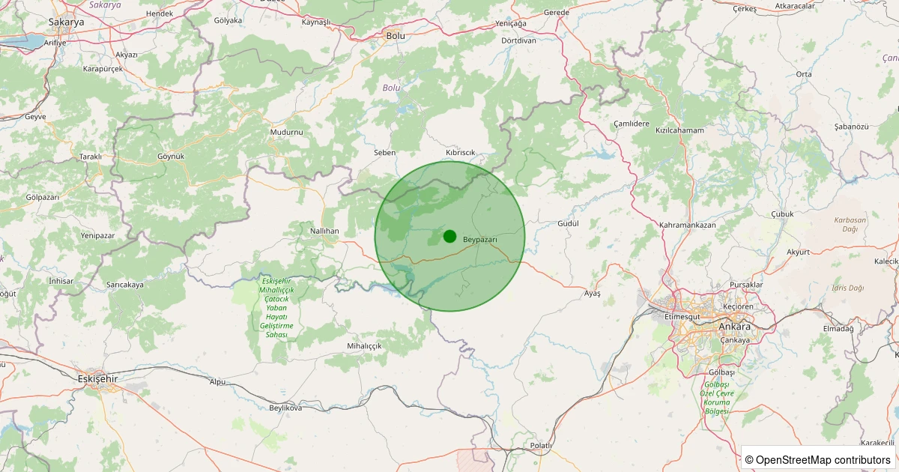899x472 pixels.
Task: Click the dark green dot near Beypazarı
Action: [449, 236]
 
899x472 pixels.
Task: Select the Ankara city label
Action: [734, 327]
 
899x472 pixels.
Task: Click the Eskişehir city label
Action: [98, 379]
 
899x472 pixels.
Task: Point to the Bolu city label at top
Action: [395, 35]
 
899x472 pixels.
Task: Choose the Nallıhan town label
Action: [324, 232]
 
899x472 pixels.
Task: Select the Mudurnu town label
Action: [286, 132]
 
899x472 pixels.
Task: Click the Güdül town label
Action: [569, 224]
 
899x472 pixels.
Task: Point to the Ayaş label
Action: [592, 293]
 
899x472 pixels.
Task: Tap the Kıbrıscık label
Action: [461, 152]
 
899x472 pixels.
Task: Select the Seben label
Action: [384, 152]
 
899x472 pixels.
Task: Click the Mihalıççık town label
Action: [365, 346]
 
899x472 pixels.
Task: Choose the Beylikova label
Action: [285, 408]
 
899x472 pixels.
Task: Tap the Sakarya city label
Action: [66, 22]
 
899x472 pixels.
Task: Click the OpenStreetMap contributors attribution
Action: [819, 459]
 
